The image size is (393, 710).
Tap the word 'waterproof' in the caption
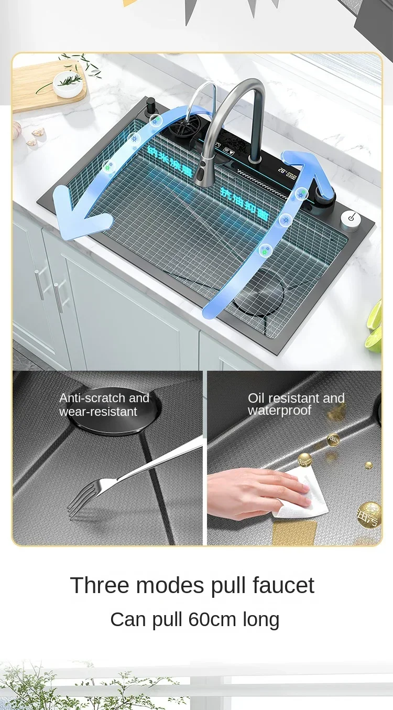pyautogui.click(x=280, y=411)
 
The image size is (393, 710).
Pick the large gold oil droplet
pyautogui.click(x=369, y=514)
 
